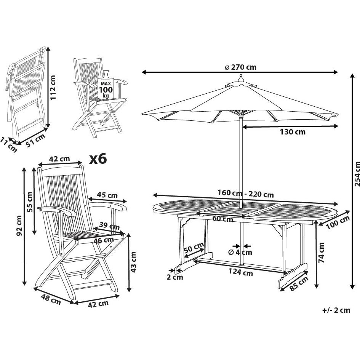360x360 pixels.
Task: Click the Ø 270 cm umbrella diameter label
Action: (240, 67)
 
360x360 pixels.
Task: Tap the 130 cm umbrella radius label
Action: (292, 132)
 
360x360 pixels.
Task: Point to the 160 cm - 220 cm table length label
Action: (245, 194)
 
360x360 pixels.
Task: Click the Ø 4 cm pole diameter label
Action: (240, 252)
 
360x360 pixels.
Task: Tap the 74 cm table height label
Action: (322, 253)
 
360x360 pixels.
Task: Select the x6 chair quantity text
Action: (98, 159)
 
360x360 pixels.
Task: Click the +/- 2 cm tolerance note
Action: (336, 310)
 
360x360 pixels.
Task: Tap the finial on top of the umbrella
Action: (240, 78)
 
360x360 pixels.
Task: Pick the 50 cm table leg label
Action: (194, 249)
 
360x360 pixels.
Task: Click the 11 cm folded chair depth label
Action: (9, 145)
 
